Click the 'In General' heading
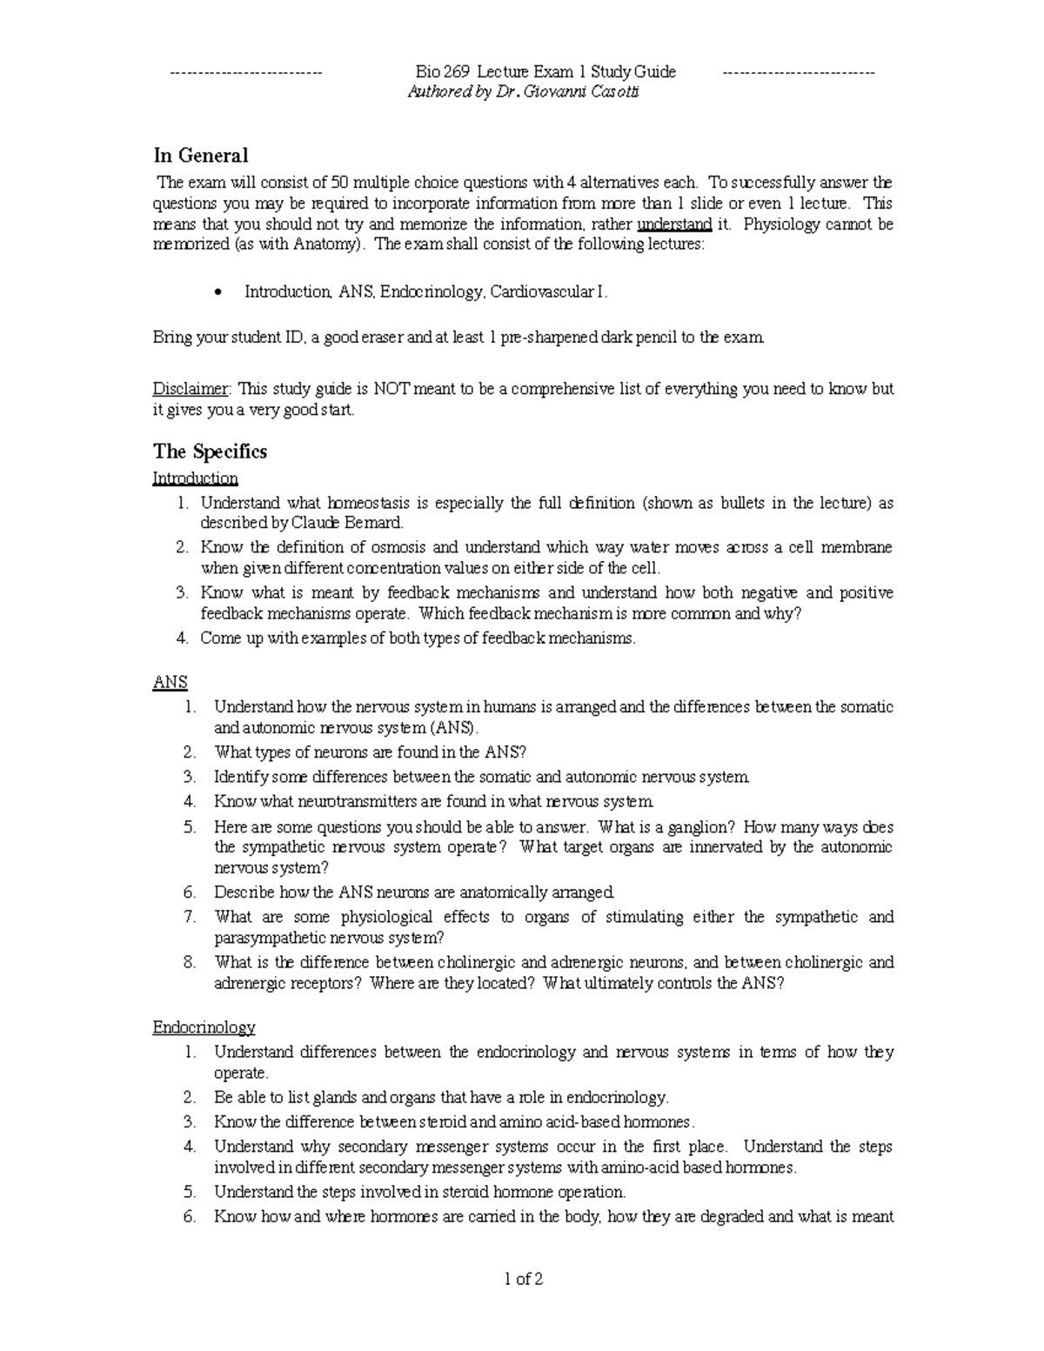coord(200,156)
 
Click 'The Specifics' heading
coord(210,451)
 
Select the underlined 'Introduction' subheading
coord(195,478)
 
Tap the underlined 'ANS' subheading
coord(170,683)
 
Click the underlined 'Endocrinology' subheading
coord(204,1027)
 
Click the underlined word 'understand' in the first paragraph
coord(674,224)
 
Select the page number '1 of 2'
coord(523,1279)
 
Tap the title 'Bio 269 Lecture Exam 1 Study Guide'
coord(545,72)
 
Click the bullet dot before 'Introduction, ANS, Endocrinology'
coord(218,293)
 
